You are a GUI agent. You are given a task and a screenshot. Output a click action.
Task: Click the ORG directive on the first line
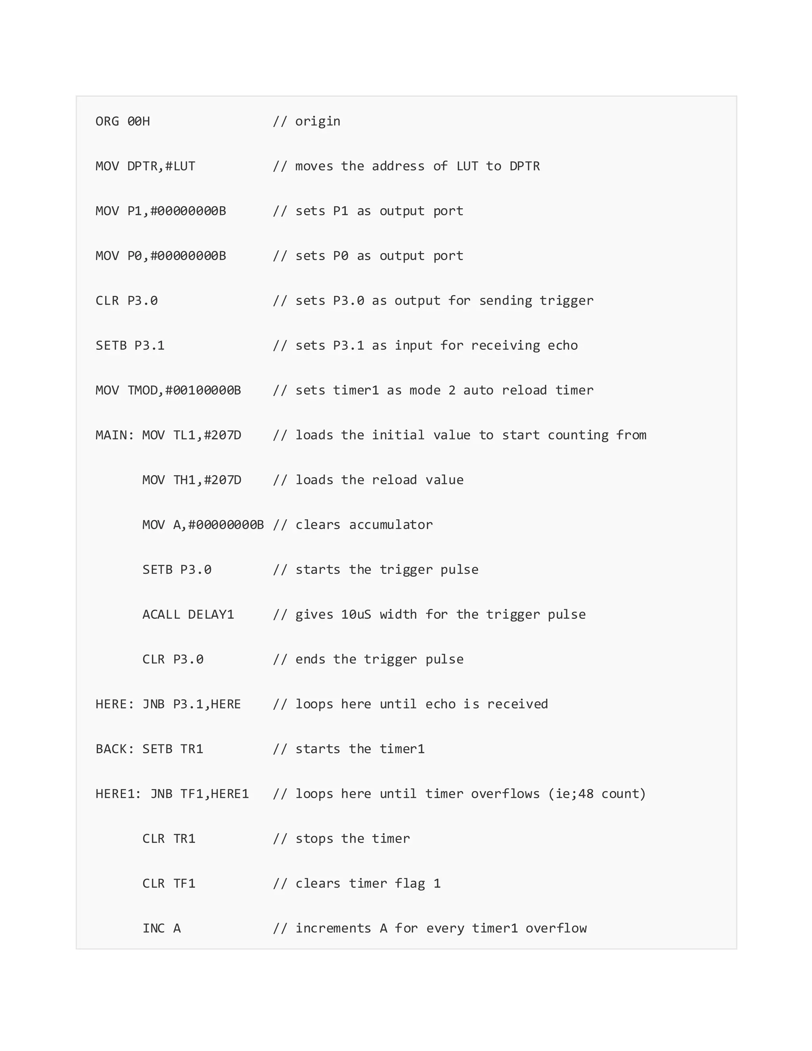[x=107, y=121]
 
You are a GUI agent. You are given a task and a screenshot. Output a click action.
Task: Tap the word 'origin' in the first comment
[x=318, y=121]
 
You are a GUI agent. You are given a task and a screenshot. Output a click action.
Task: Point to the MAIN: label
[x=115, y=435]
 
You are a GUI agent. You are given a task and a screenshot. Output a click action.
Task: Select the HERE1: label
[x=118, y=794]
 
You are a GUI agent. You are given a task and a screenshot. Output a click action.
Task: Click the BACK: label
[x=115, y=749]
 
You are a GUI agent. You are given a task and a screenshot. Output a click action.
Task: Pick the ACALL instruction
[x=161, y=614]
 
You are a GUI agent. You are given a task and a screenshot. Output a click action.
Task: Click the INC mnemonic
[x=153, y=928]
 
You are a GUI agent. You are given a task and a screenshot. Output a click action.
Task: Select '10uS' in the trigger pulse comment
[x=356, y=614]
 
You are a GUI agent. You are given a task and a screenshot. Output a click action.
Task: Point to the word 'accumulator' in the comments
[x=391, y=525]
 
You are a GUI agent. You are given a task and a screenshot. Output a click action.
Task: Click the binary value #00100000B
[x=203, y=390]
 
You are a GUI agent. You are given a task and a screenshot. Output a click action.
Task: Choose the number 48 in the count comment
[x=586, y=794]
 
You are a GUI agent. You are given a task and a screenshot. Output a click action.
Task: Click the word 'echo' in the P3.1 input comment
[x=563, y=345]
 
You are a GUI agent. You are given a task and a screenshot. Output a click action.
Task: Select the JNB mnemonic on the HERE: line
[x=153, y=704]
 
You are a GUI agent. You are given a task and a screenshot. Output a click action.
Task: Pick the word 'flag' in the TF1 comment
[x=410, y=884]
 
